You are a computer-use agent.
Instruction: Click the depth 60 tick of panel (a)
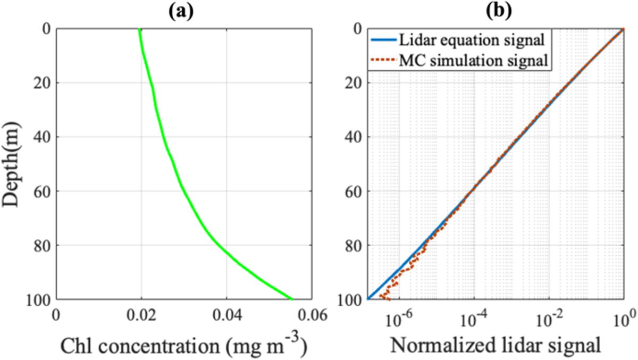42,191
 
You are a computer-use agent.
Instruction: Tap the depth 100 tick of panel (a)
38,299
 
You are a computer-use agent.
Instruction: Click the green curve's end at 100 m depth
291,298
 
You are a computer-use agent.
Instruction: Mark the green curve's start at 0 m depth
139,30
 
